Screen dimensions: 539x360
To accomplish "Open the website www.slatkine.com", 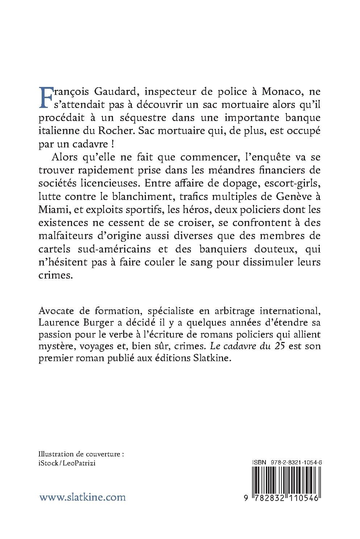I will (83, 497).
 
